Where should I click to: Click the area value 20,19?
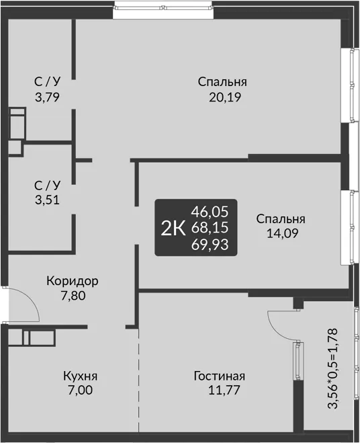coord(225,97)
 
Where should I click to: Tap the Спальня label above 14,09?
coord(281,219)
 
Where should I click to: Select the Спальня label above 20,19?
coord(222,82)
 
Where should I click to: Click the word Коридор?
coord(73,281)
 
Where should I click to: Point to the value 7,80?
coord(73,296)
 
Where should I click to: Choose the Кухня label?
coord(80,376)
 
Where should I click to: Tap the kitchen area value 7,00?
coord(80,390)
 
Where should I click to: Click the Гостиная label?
coord(220,376)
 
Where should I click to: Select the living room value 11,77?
coord(224,390)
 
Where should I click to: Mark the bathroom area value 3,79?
coord(47,97)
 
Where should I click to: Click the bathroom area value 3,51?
coord(47,200)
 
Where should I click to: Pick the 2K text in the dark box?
coord(173,229)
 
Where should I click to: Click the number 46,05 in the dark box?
coord(210,212)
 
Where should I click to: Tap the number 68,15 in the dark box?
coord(210,228)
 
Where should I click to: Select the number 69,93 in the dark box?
coord(210,245)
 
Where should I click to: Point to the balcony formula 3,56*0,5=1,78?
coord(332,368)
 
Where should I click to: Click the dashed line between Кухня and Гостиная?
coord(138,380)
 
